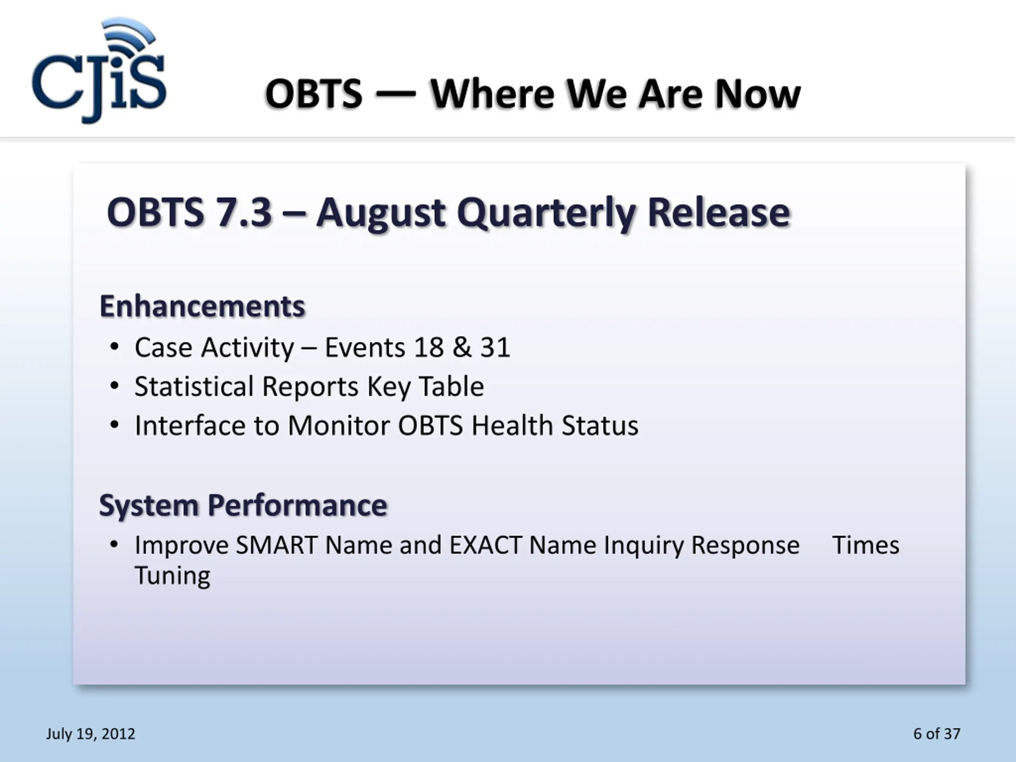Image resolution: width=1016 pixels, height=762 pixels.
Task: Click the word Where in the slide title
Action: tap(493, 94)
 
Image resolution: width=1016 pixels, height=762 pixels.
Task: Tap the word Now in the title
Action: tap(758, 94)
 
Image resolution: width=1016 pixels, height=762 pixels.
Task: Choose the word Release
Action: tap(719, 213)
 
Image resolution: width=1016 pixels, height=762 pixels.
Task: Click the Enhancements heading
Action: tap(202, 306)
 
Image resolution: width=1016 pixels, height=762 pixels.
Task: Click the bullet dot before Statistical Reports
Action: tap(114, 386)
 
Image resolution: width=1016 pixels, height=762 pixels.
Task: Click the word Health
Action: tap(512, 425)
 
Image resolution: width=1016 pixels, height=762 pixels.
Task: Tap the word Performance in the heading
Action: tap(297, 506)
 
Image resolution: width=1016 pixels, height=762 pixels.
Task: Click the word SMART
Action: tap(277, 546)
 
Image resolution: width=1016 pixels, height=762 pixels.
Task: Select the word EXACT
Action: tap(485, 546)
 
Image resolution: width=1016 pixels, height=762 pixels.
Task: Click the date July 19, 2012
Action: tap(91, 733)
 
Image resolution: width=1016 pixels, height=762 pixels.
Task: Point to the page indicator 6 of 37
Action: tap(937, 733)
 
